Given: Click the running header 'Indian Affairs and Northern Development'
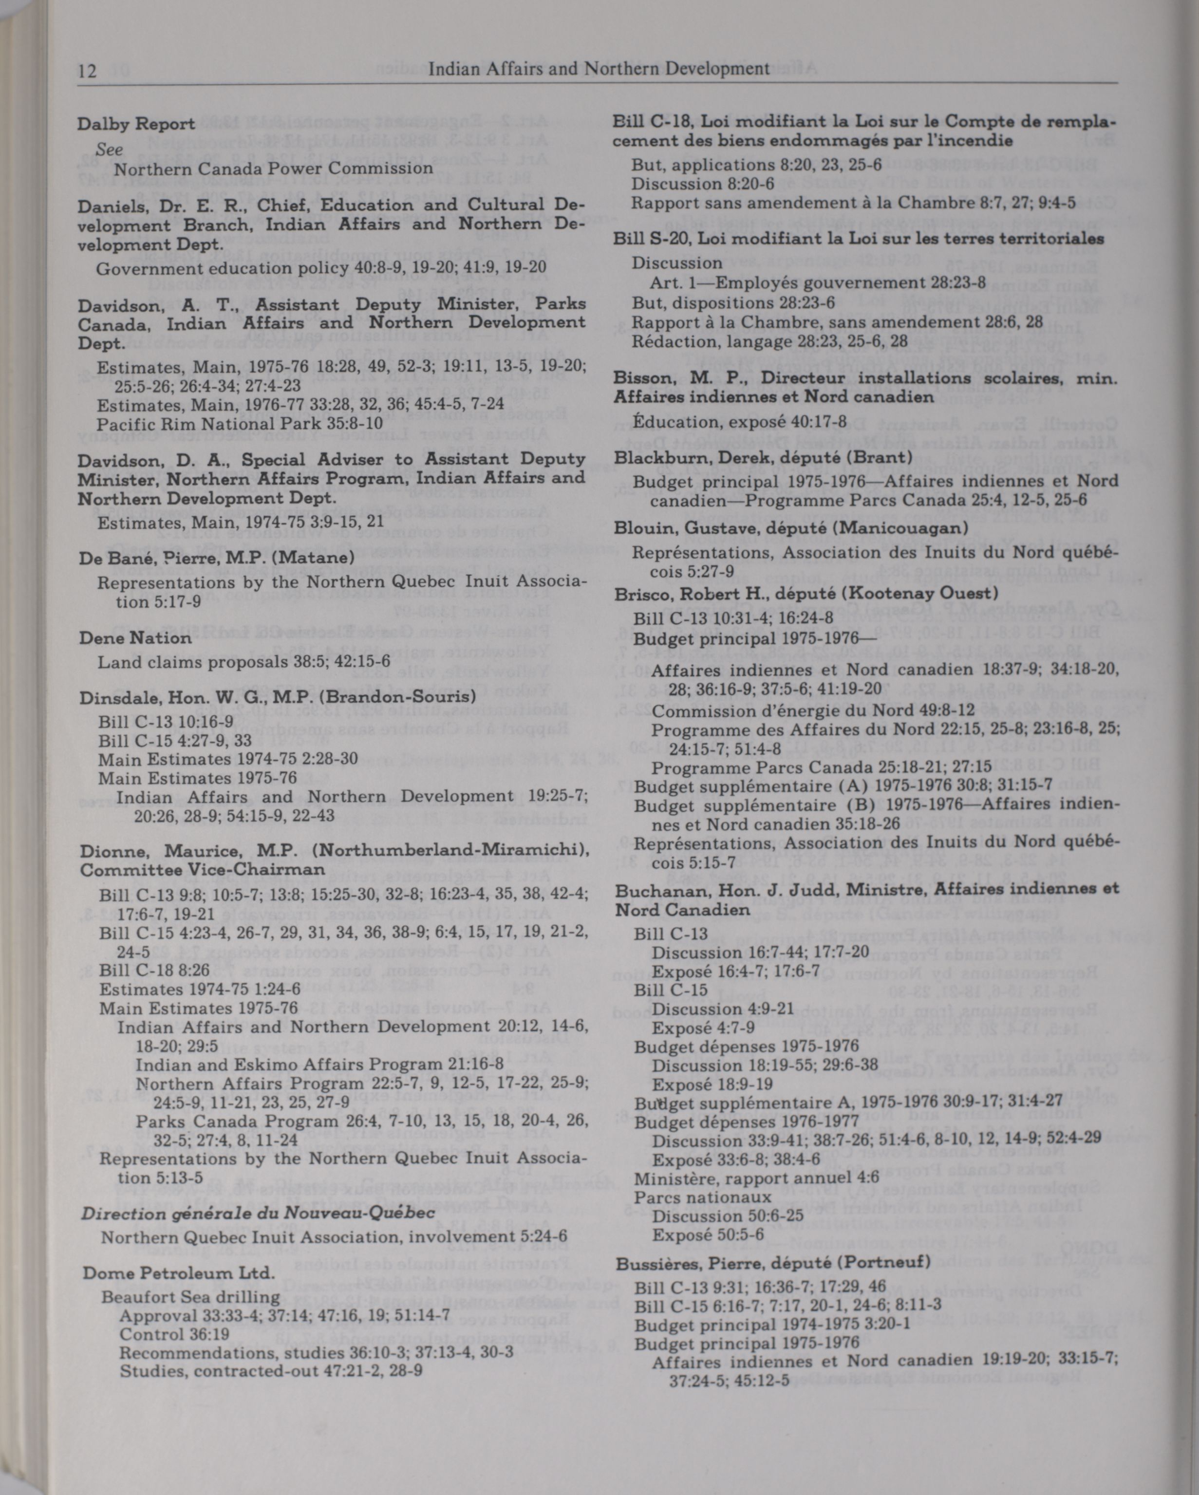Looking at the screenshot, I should (x=599, y=68).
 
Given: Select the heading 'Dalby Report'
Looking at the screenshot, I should (x=136, y=124).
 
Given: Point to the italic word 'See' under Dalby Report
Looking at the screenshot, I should (x=110, y=150).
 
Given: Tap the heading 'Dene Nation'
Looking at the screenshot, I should (x=134, y=637).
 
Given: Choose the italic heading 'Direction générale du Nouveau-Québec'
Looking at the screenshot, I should (x=258, y=1212).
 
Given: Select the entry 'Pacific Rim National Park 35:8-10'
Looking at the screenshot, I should (x=239, y=424).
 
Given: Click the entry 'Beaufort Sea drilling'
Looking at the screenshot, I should (x=191, y=1297).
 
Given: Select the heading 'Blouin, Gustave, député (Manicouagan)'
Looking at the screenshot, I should (x=790, y=528).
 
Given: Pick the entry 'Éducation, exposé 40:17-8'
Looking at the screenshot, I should (x=740, y=422).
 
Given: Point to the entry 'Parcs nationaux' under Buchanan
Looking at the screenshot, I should (x=702, y=1197).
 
